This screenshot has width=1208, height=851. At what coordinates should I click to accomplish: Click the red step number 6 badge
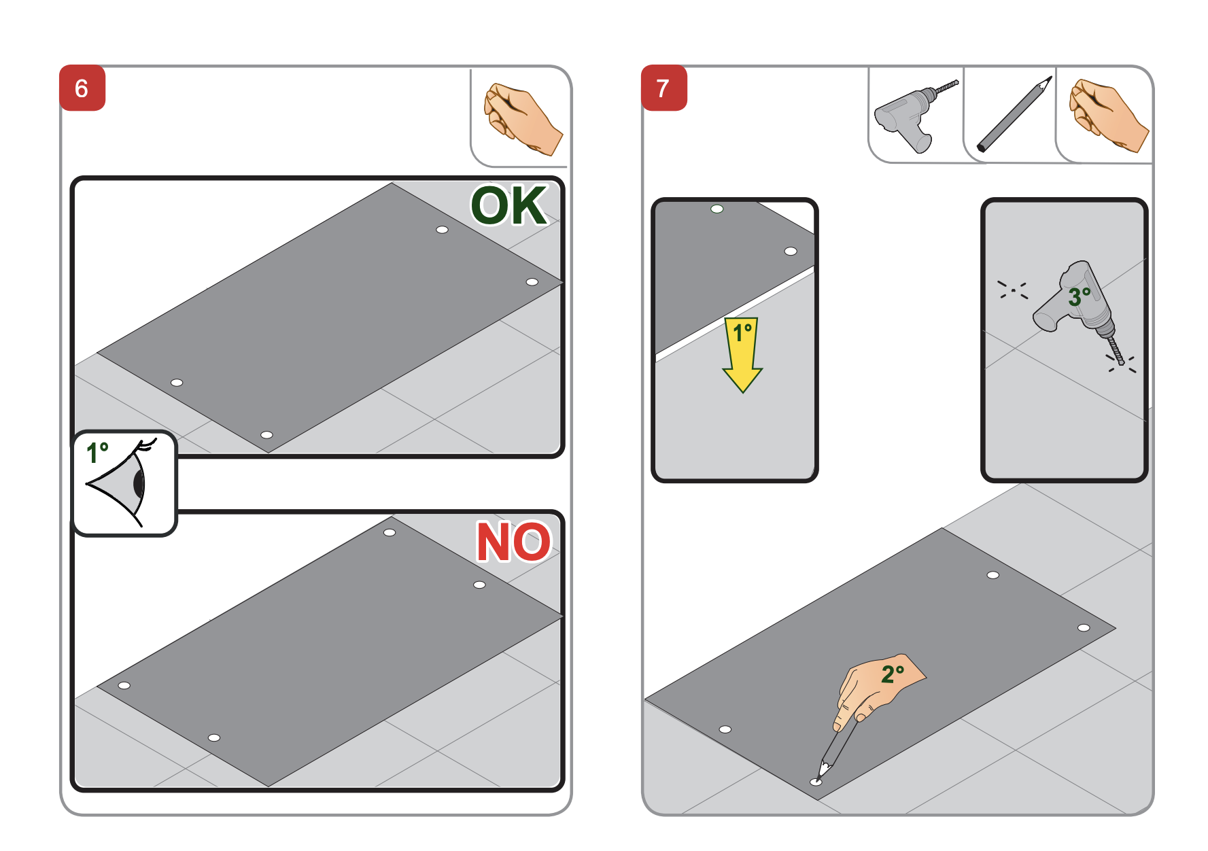[x=82, y=88]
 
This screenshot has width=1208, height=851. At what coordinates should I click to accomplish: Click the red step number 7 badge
[x=663, y=88]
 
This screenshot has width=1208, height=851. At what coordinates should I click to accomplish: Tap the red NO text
[x=513, y=542]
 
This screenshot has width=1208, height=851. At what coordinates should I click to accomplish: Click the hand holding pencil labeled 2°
[x=877, y=687]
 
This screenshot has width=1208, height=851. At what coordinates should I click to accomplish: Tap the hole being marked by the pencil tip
[x=816, y=782]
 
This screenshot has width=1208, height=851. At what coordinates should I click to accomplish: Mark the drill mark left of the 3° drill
[x=1013, y=290]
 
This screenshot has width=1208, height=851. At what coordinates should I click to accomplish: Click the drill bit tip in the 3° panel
[x=1121, y=362]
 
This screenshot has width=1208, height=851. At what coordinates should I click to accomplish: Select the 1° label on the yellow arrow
[x=742, y=332]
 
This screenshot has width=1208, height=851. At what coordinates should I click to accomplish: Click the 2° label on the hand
[x=892, y=674]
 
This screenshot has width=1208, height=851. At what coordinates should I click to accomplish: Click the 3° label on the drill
[x=1079, y=296]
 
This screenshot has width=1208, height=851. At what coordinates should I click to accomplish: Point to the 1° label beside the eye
[x=97, y=453]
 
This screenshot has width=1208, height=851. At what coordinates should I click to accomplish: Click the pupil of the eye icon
[x=139, y=483]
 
